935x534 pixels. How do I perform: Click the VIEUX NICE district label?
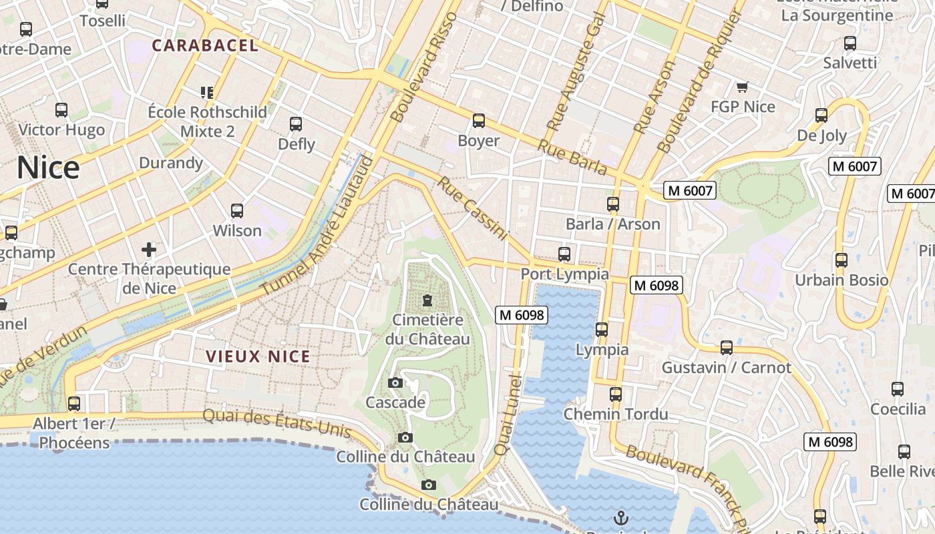click(258, 356)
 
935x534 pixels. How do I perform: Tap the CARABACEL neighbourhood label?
click(204, 45)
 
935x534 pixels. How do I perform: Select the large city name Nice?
click(48, 168)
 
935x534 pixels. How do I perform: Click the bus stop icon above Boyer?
click(479, 121)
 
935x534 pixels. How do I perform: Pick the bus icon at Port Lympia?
click(564, 254)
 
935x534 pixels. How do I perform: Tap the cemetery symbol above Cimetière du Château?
click(427, 300)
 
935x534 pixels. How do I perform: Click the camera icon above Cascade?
click(395, 382)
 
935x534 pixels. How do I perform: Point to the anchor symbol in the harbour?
click(621, 517)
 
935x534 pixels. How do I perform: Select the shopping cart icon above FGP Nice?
click(742, 87)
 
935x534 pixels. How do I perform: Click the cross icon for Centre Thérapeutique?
click(149, 250)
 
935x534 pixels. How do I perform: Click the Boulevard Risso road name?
click(425, 67)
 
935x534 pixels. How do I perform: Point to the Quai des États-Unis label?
click(276, 423)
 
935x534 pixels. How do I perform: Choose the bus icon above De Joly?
click(821, 115)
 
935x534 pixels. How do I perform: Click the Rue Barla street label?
click(572, 158)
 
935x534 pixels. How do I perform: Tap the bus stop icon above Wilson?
click(237, 211)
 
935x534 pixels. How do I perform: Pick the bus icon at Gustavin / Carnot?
click(727, 348)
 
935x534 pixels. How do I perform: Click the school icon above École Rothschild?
click(207, 92)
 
